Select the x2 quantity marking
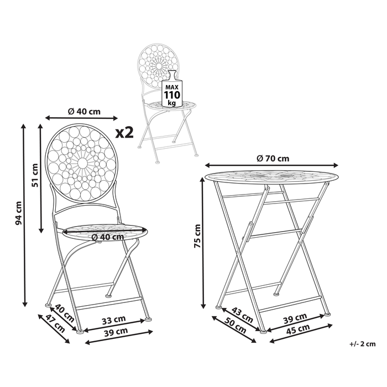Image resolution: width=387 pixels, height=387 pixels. coord(125,133)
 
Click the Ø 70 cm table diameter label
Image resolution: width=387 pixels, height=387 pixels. coord(273,158)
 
